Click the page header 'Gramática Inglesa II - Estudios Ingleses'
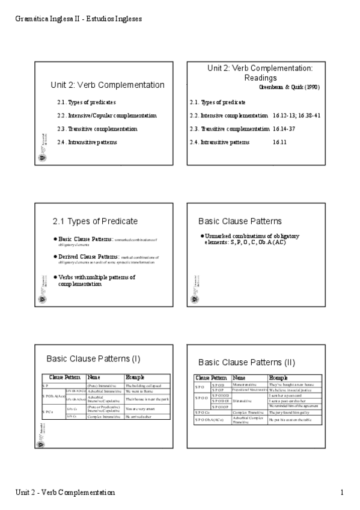coord(78,19)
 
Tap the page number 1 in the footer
coord(341,493)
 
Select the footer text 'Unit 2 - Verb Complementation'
coord(65,493)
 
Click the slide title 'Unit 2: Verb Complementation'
coord(108,85)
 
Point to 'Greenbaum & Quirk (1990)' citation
coord(289,88)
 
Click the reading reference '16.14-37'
coord(287,129)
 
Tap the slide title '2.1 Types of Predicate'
coord(95,221)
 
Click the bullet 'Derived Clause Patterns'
coord(85,257)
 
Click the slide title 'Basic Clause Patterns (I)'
coord(93,359)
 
